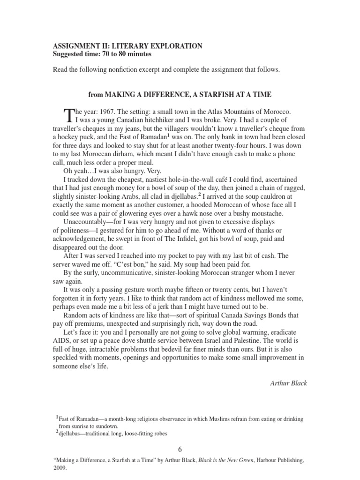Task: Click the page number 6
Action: pyautogui.click(x=180, y=449)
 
